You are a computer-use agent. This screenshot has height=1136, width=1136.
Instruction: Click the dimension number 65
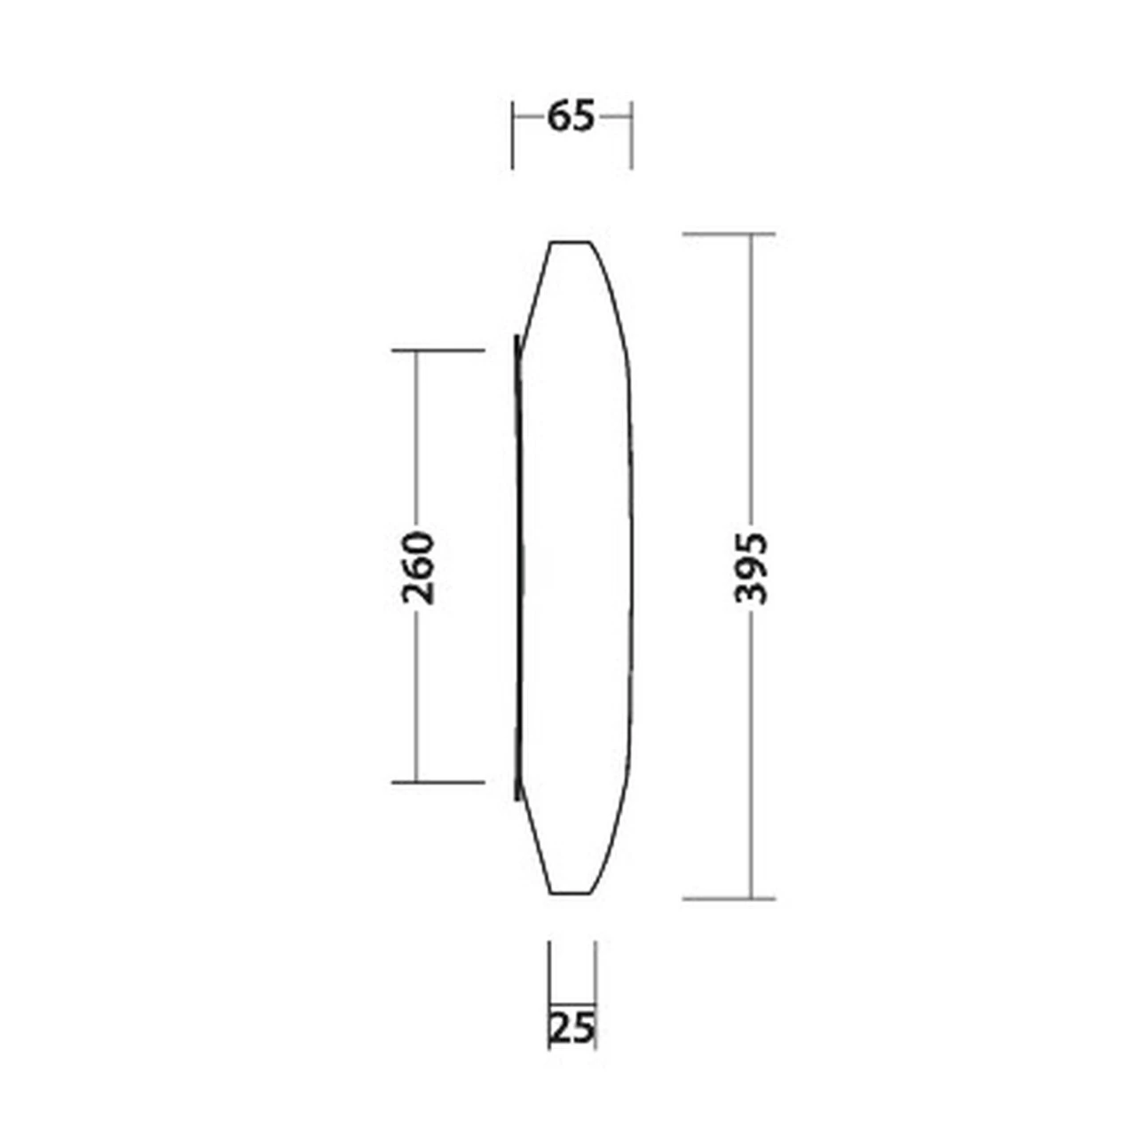tap(570, 116)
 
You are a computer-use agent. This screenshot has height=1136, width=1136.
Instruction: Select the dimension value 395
tap(751, 568)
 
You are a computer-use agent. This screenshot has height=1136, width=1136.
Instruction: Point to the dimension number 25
tap(572, 1028)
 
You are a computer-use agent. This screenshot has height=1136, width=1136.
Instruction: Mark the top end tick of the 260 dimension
tap(438, 351)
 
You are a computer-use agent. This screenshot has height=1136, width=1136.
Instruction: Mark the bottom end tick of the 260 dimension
tap(438, 782)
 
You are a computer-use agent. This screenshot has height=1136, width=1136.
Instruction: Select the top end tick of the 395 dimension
tap(729, 234)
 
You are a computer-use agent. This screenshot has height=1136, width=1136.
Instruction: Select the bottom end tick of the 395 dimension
tap(729, 898)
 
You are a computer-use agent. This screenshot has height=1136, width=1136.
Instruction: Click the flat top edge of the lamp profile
tap(571, 241)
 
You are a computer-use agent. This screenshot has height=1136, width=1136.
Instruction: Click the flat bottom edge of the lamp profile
tap(571, 892)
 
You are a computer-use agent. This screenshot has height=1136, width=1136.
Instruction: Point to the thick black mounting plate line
tap(516, 568)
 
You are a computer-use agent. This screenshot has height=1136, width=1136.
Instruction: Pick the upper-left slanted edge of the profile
tap(536, 293)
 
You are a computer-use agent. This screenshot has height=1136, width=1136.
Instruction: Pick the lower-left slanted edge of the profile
tap(535, 839)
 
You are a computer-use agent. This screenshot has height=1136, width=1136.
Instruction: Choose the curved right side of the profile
tap(632, 568)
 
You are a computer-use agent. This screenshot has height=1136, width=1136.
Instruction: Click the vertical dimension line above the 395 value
tap(751, 373)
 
